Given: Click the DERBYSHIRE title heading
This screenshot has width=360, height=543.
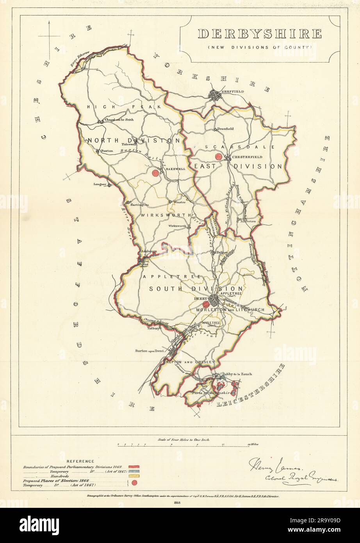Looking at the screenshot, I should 260,34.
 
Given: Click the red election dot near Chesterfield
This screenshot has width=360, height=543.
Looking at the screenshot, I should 219,157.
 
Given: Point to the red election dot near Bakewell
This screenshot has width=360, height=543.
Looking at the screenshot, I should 155,173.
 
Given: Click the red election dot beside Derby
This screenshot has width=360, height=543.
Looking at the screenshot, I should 205,304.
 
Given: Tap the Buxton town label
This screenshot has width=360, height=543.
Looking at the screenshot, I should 107,150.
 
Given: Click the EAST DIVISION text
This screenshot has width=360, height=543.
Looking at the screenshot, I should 238,166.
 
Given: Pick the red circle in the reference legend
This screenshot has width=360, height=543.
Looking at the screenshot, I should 134,483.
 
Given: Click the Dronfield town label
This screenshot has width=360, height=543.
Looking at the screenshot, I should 225,129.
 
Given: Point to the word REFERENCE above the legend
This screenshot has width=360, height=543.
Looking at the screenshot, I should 80,461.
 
